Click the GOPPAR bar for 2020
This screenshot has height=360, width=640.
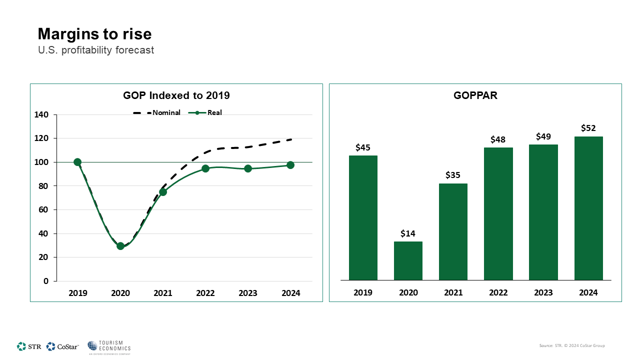coord(408,260)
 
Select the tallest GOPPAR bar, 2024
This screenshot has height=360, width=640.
coord(588,208)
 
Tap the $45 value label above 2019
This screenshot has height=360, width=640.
coord(363,147)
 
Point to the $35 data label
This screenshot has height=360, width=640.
coord(453,175)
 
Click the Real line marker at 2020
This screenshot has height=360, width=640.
coord(120,246)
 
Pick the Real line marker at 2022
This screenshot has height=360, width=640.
coord(205,168)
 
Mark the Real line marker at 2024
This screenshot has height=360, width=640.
coord(290,165)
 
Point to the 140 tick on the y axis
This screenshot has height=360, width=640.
coord(41,115)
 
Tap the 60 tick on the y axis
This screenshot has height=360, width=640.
coord(43,210)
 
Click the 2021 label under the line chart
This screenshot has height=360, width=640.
coord(163,293)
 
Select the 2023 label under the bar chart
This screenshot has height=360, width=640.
coord(543,292)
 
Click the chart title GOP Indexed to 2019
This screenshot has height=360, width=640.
coord(176,95)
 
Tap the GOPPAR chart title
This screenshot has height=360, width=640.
coord(475,95)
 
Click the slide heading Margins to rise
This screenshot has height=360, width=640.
coord(95,34)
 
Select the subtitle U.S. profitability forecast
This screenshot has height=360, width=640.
coord(96,50)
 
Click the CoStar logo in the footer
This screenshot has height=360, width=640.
coord(62,346)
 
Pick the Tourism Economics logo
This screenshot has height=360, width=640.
coord(109,347)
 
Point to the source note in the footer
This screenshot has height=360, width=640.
coord(572,345)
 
